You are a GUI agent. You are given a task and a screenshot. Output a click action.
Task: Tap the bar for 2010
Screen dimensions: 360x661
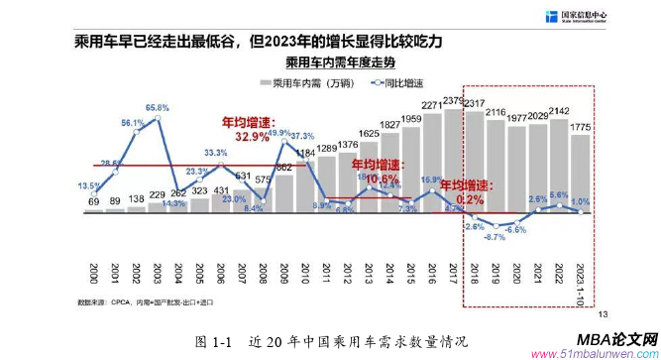304,183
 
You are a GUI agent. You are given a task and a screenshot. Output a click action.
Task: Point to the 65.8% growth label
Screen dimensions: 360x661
158,107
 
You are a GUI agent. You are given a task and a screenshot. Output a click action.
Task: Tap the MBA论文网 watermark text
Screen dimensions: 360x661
615,338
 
